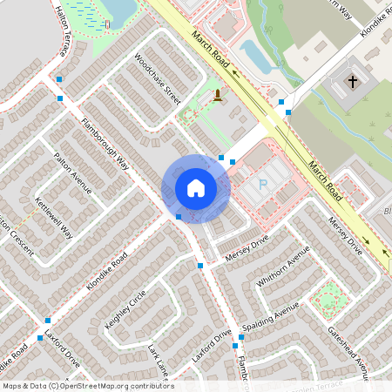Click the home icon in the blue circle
click(x=196, y=188)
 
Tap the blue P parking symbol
click(x=264, y=185)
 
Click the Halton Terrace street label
click(x=62, y=31)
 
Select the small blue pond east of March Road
click(x=257, y=57)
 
